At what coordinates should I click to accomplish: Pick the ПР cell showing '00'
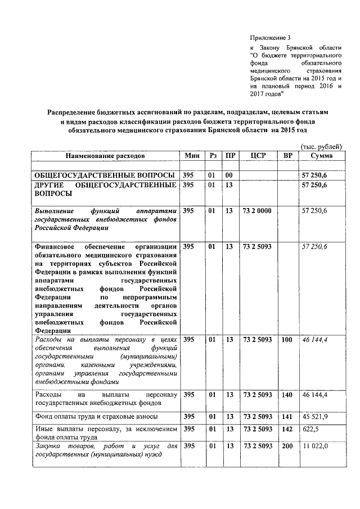[x=229, y=175]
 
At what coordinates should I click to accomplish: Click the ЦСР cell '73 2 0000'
[x=256, y=210]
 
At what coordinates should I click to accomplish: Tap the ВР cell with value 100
[x=287, y=340]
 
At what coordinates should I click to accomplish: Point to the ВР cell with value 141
[x=287, y=416]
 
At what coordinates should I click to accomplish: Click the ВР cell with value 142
[x=287, y=429]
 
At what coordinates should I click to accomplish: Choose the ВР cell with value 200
[x=287, y=446]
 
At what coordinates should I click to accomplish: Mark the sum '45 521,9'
[x=314, y=416]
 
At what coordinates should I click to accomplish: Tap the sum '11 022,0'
[x=315, y=446]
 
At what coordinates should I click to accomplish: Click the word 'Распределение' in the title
[x=76, y=112]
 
